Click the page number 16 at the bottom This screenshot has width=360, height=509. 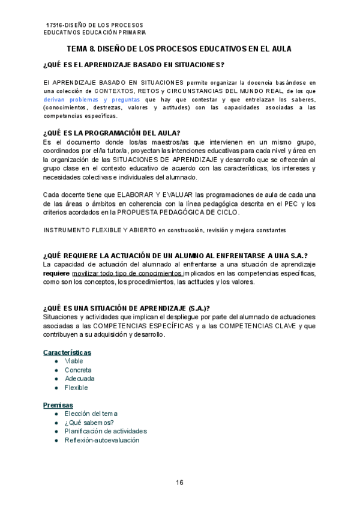tap(179, 482)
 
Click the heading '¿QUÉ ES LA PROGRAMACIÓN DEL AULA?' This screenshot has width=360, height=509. tap(111, 133)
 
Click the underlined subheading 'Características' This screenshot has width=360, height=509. tap(67, 352)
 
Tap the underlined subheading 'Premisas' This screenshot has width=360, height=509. tap(58, 405)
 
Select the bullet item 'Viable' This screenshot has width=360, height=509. tap(74, 361)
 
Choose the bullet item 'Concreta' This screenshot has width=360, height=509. tap(78, 370)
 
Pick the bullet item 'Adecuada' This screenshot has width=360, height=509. tap(79, 379)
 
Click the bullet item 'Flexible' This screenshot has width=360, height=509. tap(76, 388)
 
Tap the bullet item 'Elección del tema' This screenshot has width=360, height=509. tap(91, 414)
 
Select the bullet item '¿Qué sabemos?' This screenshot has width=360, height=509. tap(89, 423)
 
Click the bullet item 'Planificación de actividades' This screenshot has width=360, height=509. tap(106, 431)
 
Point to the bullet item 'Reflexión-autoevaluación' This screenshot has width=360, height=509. tap(102, 440)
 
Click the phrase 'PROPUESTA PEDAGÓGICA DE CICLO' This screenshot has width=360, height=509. tap(179, 212)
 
